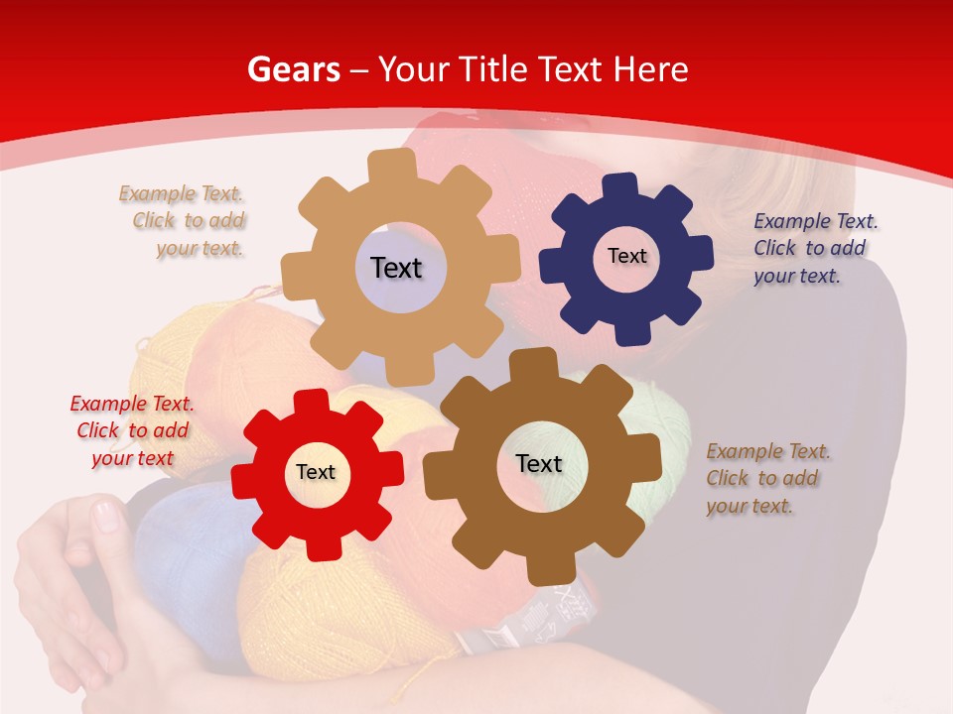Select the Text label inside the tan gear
396,268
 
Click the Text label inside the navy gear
626,256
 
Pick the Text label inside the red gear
316,472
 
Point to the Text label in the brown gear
539,463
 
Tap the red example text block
132,430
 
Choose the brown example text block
765,478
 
